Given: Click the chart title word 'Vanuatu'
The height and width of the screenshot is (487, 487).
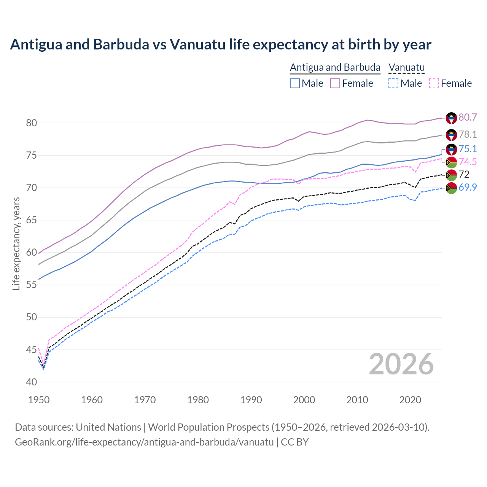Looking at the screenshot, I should click(x=197, y=45).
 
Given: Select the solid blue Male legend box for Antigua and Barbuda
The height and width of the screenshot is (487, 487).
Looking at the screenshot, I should click(x=295, y=83).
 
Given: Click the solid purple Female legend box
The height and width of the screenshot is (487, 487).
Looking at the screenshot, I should click(x=335, y=83).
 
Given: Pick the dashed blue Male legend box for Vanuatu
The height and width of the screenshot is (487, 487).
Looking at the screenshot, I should click(x=393, y=83).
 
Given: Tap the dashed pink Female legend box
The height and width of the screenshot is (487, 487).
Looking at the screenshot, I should click(x=434, y=83).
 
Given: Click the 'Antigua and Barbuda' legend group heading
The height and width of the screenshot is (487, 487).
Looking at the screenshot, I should click(x=335, y=67).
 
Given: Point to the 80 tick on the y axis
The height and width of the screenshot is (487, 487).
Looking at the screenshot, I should click(x=31, y=123).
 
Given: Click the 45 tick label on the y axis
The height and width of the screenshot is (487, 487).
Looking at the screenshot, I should click(x=31, y=350).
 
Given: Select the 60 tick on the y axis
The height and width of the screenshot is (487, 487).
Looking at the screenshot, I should click(x=31, y=253).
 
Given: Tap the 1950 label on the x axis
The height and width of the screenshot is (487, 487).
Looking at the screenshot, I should click(x=39, y=400).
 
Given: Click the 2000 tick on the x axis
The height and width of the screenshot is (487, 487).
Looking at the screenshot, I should click(x=304, y=400).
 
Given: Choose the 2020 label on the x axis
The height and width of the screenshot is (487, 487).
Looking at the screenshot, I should click(x=410, y=400).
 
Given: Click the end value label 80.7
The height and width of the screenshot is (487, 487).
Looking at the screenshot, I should click(x=468, y=117).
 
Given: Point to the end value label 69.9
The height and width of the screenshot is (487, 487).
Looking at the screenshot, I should click(x=468, y=187).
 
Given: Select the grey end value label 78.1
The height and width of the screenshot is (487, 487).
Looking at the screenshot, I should click(x=468, y=134).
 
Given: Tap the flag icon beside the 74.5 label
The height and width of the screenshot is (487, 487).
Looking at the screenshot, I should click(x=451, y=162).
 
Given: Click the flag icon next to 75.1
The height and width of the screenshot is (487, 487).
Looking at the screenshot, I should click(x=451, y=149).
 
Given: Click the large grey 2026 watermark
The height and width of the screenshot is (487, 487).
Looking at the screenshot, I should click(x=401, y=364).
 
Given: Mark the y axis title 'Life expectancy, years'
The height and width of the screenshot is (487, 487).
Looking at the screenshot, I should click(x=16, y=243).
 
